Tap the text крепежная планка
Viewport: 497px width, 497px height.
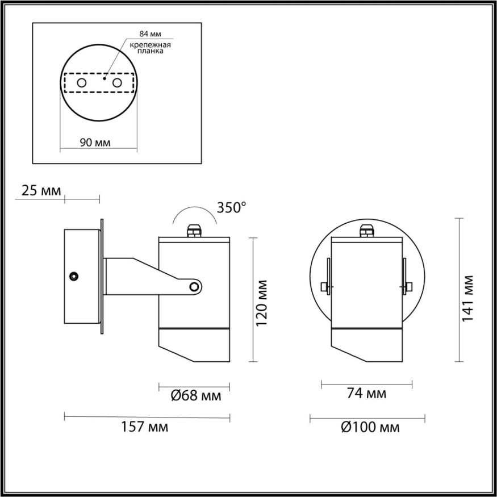[x=151, y=47]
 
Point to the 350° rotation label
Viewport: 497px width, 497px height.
[x=232, y=207]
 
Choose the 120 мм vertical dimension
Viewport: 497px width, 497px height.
[x=262, y=302]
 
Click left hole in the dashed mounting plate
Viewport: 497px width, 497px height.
[x=82, y=83]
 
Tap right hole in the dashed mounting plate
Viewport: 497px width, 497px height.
[x=118, y=83]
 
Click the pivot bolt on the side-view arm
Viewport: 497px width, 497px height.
[x=195, y=286]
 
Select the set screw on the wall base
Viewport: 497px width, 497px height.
[x=73, y=276]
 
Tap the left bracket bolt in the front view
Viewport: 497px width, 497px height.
[x=325, y=286]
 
